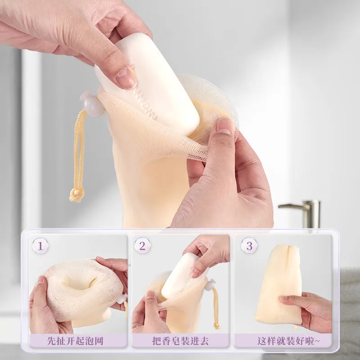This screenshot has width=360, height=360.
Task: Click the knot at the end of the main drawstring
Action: pos(76,195)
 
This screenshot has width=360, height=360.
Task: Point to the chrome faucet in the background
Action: pos(303,213)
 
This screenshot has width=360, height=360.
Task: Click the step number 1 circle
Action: pos(40,246)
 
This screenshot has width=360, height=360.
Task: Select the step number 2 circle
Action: pos(142,246)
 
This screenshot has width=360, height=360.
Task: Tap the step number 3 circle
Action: pos(249,246)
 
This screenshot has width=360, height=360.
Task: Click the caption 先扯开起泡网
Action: pos(75,341)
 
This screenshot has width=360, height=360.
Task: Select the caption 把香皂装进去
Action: pos(180,341)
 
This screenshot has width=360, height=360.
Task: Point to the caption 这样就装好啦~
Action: pos(288,341)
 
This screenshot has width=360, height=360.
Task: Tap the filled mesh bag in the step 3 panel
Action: pos(279,285)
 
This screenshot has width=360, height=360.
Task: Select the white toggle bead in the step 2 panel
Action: pos(210,285)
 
